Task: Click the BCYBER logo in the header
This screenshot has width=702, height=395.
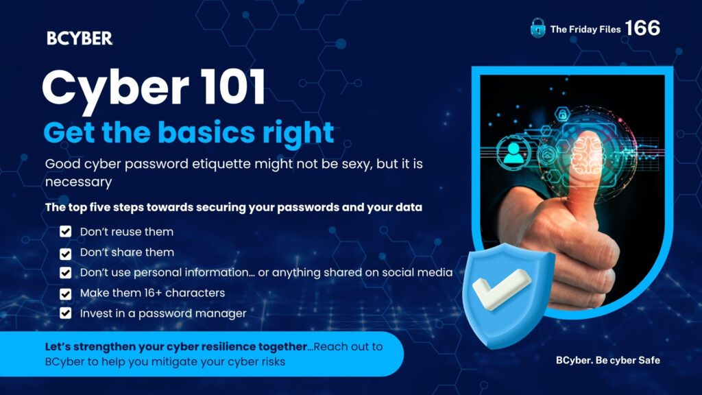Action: [80, 38]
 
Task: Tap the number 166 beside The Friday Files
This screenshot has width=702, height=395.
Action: [642, 29]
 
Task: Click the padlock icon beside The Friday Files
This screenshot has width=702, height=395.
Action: [538, 29]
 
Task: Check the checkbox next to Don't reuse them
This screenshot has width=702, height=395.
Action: [66, 232]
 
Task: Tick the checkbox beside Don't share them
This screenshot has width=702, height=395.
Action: [66, 252]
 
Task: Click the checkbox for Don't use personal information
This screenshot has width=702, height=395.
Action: [66, 273]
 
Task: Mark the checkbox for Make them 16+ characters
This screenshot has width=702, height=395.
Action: [66, 294]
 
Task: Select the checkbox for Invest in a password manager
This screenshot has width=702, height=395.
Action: [66, 314]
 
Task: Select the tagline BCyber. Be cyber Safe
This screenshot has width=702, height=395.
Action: [607, 360]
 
